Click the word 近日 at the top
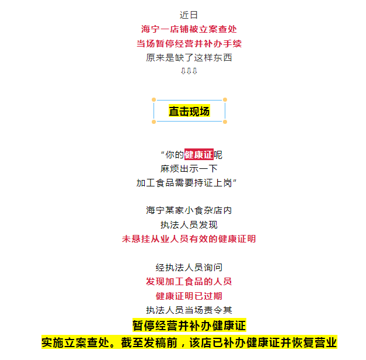[x=189, y=15]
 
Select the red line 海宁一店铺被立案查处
[x=189, y=29]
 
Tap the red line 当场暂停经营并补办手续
[x=189, y=43]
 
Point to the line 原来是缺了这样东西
[x=189, y=58]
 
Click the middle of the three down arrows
[x=189, y=71]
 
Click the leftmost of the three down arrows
[x=183, y=71]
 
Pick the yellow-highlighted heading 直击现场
[x=189, y=111]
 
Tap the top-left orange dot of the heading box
[x=154, y=100]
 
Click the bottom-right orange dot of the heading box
[x=225, y=122]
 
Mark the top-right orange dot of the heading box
[x=225, y=100]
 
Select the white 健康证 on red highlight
[x=199, y=154]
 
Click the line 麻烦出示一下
[x=189, y=169]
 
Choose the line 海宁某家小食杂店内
[x=189, y=210]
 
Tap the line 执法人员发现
[x=189, y=225]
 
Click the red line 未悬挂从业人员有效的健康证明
[x=189, y=239]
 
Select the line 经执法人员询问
[x=189, y=268]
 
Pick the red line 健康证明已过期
[x=189, y=296]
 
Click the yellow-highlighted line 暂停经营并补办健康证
[x=189, y=325]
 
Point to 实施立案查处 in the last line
[x=75, y=342]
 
